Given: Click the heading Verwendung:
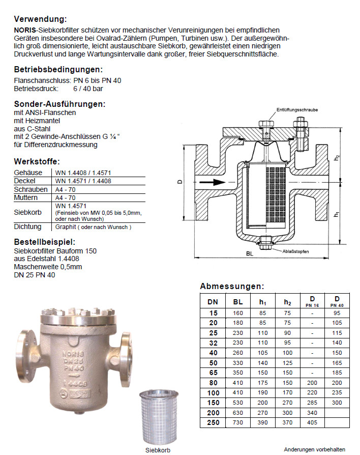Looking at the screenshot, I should (40, 19).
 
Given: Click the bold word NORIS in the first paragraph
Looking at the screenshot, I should (24, 31).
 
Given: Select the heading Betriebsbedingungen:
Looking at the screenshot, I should (58, 69).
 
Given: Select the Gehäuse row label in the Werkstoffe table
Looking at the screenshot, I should (25, 173).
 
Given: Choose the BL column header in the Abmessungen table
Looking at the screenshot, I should (238, 301).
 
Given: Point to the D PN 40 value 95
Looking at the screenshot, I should (336, 314).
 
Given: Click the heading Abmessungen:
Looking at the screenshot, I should (232, 286).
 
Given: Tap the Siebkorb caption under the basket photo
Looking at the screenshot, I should (157, 450).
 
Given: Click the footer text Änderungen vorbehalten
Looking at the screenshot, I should (314, 449).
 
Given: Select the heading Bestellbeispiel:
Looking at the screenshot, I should (45, 241).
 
